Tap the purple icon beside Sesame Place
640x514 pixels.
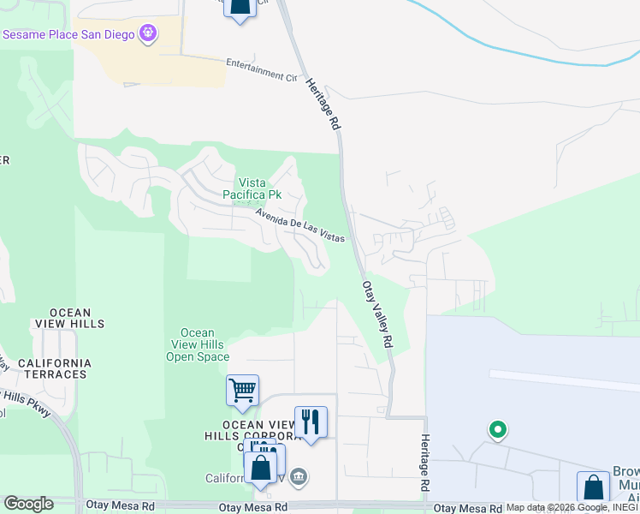(149, 33)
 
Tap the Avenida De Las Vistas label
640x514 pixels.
(299, 224)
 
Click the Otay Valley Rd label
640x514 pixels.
(378, 314)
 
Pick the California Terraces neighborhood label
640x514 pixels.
(52, 368)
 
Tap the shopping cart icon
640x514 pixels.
(242, 391)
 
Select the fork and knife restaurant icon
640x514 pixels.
(311, 421)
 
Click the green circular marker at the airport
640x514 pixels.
(497, 429)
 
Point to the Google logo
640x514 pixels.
(28, 504)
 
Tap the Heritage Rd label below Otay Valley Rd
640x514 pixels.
(424, 463)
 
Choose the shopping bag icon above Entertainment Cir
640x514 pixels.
(240, 7)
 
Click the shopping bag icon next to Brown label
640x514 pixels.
(593, 487)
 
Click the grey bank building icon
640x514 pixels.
(298, 476)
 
